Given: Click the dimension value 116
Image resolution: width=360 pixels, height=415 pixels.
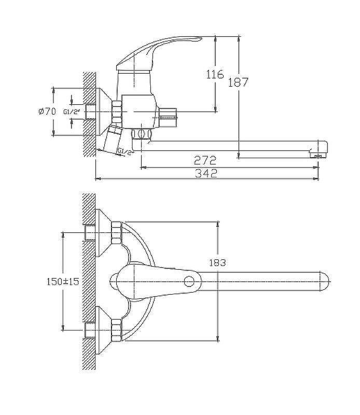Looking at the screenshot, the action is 215,74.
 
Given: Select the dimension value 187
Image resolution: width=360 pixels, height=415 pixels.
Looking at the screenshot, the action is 238,82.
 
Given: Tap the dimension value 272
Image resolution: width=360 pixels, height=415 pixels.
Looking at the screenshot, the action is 205,160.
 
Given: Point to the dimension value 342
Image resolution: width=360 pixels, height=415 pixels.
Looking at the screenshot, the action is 206,173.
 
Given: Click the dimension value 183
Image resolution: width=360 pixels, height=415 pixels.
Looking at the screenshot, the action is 217,263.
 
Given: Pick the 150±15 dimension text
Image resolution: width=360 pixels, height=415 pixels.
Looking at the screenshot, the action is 63,281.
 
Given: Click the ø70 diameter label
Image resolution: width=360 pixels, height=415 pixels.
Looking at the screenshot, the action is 47,112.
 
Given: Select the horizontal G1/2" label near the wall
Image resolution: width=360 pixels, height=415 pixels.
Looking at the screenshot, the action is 72,112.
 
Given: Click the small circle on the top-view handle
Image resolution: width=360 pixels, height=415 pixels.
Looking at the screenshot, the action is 189,282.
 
